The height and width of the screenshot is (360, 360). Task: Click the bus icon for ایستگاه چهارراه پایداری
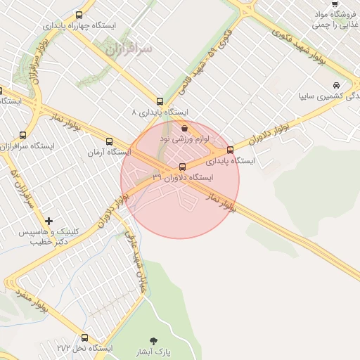78,14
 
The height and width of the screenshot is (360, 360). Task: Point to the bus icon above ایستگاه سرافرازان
23,134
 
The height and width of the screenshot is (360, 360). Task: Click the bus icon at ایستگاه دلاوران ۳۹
183,167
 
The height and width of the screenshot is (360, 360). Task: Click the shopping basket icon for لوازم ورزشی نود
184,129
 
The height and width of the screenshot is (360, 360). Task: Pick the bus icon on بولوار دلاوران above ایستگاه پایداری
230,150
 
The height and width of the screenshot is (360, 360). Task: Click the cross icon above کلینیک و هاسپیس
49,221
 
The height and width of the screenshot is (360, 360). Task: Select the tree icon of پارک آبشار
153,340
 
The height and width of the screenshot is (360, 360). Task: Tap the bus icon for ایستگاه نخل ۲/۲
85,337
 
